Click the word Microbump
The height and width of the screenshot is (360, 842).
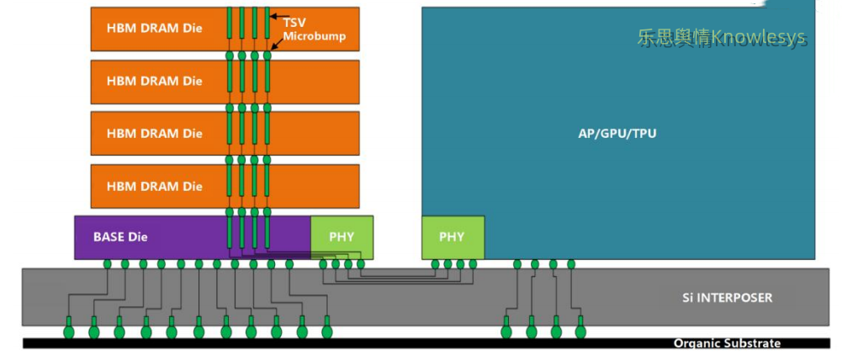(314, 37)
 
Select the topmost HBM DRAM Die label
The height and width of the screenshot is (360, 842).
(155, 28)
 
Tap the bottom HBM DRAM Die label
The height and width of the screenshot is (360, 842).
(155, 186)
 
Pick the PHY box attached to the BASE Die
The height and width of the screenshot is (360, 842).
(342, 236)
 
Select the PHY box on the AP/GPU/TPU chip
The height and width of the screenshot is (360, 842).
(452, 236)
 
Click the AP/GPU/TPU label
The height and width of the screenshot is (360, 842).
(617, 133)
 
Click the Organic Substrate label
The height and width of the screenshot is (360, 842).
(727, 343)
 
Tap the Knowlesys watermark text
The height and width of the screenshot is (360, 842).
(721, 38)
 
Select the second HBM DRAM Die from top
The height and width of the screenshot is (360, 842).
(155, 81)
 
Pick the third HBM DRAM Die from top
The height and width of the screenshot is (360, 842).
(155, 133)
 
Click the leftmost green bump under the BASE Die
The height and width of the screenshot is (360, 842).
(108, 264)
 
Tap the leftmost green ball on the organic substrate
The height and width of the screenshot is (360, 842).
(69, 331)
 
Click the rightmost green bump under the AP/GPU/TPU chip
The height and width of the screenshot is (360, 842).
(571, 264)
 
